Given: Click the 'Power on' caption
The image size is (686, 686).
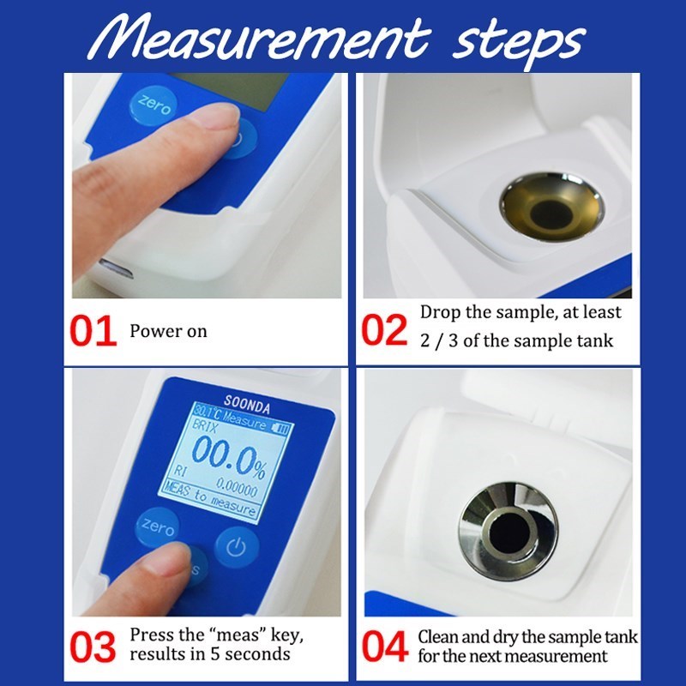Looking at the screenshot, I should (x=168, y=331).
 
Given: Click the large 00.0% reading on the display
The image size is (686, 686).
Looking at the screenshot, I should (x=226, y=453).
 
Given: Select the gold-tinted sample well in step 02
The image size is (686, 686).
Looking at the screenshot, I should (x=551, y=206).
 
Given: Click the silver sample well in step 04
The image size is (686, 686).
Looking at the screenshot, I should (x=508, y=525).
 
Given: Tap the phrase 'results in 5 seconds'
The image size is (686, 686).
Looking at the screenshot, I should (x=209, y=654).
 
